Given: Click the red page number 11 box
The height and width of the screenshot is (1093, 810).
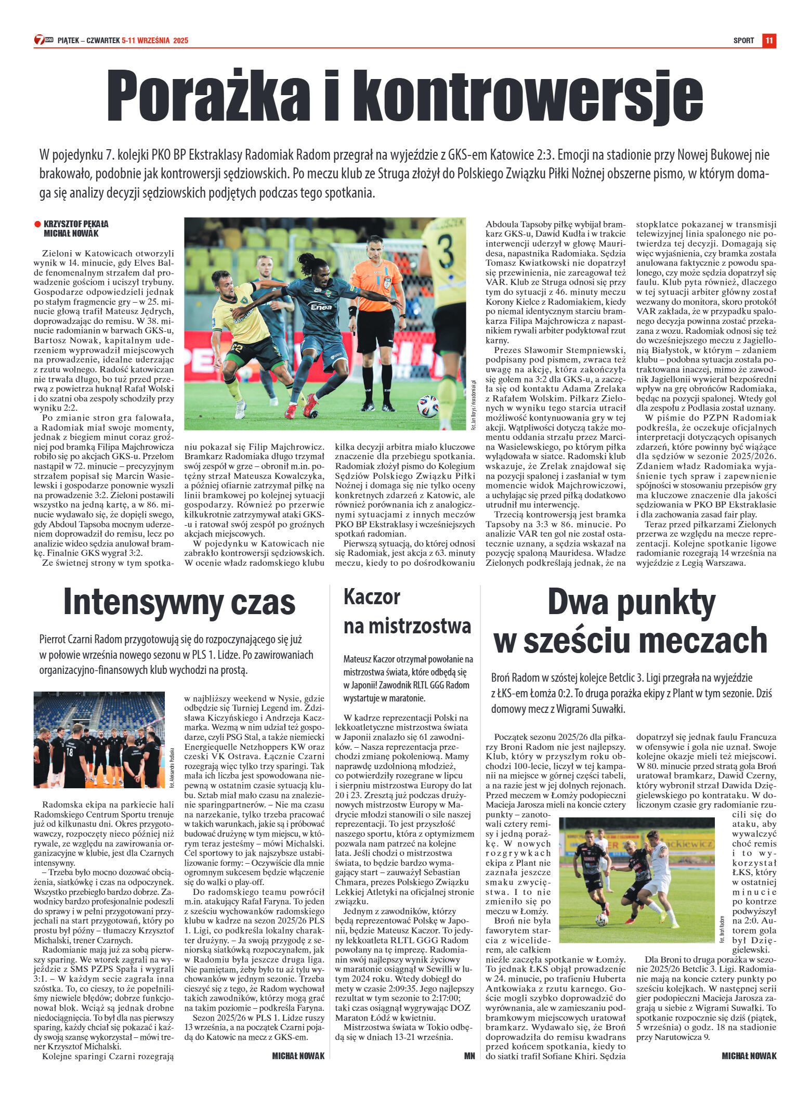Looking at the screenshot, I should (x=769, y=41).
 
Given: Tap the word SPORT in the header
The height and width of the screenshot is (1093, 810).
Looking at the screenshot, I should (x=743, y=41).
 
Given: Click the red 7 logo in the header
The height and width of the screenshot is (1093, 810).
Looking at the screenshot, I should (x=40, y=40).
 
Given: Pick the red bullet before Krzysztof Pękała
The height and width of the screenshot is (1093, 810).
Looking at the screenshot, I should (x=37, y=224).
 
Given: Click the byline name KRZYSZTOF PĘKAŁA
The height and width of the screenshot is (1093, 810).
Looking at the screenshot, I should (x=76, y=224).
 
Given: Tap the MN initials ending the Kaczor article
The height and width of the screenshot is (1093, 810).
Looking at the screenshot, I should (x=469, y=1056).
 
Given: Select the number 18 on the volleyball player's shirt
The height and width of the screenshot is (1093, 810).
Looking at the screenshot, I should (x=69, y=752).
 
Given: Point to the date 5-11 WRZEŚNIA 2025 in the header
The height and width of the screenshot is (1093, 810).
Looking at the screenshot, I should (x=155, y=41).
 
